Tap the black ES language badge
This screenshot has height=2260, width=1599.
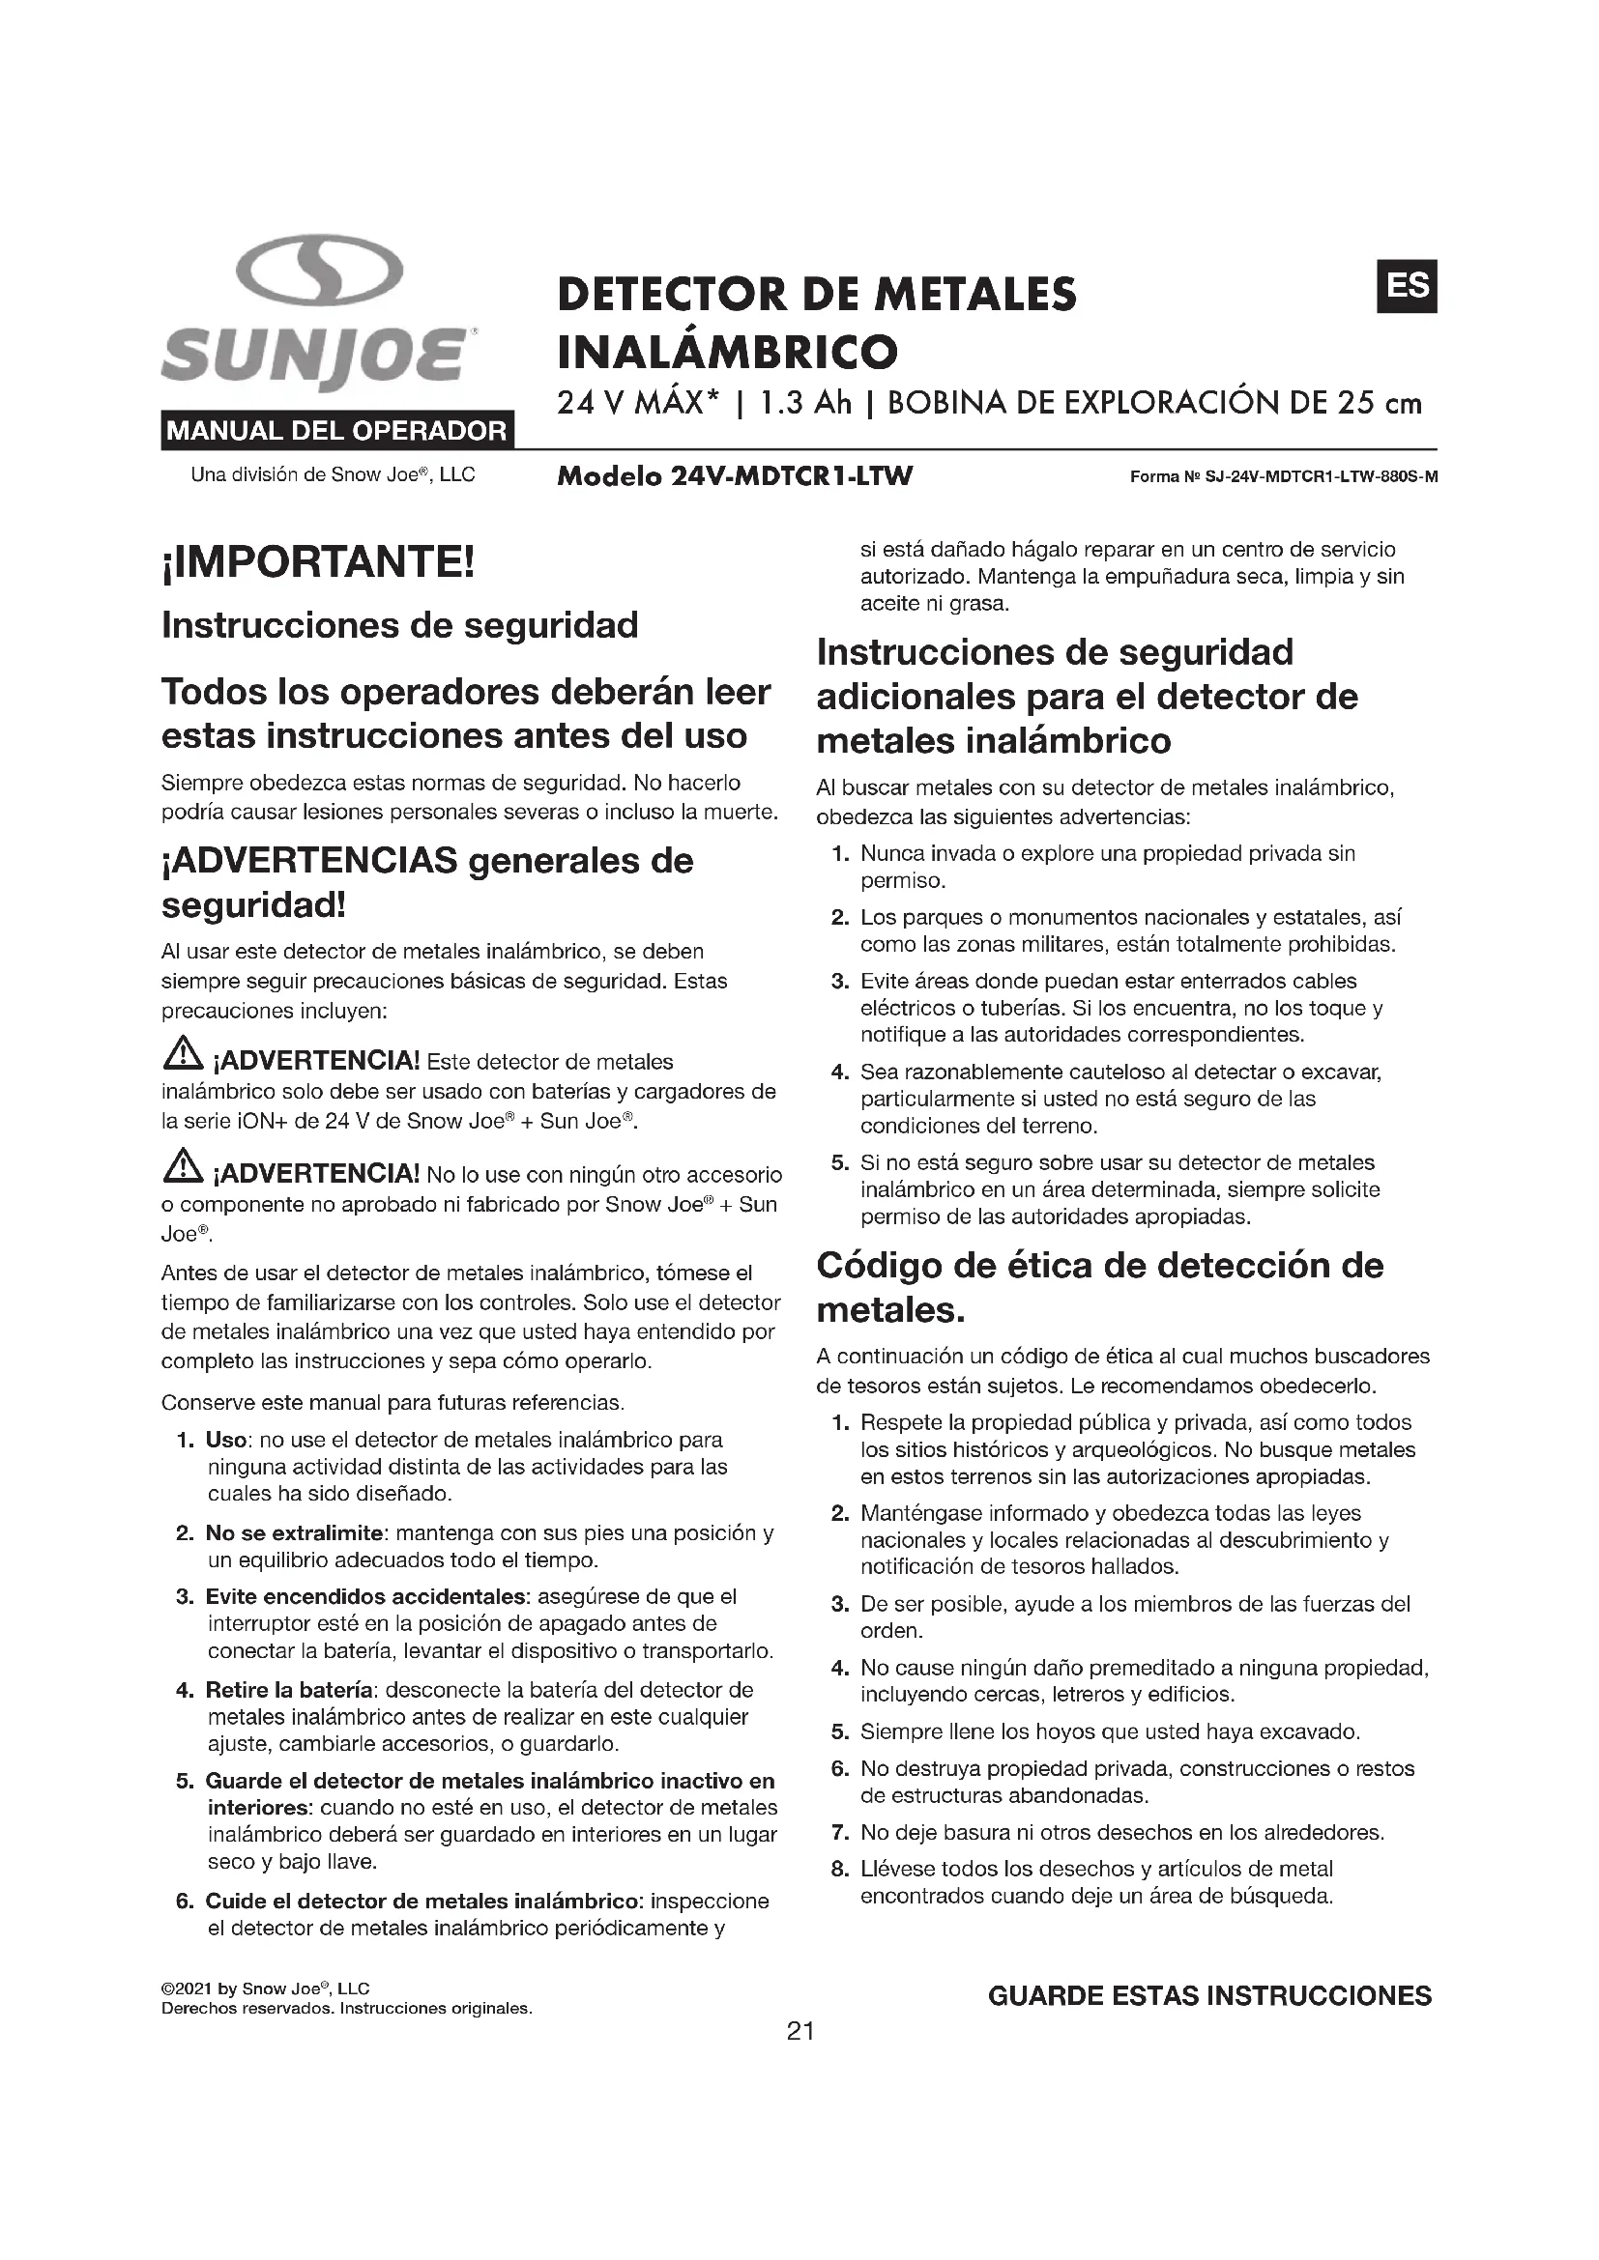coord(1406,285)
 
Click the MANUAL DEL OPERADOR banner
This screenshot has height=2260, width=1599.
coord(336,430)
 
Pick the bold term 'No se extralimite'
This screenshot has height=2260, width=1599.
coord(294,1532)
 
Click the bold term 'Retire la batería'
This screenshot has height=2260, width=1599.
coord(288,1690)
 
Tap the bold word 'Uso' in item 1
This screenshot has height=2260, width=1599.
coord(225,1440)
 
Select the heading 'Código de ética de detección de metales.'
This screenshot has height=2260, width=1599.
coord(1099,1287)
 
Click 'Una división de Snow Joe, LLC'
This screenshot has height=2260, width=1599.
coord(333,475)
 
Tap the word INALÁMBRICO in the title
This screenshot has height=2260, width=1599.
coord(728,351)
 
